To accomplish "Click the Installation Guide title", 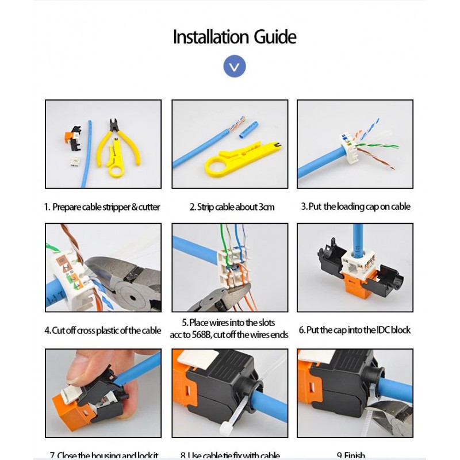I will [235, 37].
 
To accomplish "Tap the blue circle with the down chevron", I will [234, 67].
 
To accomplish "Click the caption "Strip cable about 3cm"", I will [232, 207].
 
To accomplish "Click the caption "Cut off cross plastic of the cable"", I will [103, 331].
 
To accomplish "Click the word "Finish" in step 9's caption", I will [355, 456].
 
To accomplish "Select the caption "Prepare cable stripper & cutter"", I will [102, 207].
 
